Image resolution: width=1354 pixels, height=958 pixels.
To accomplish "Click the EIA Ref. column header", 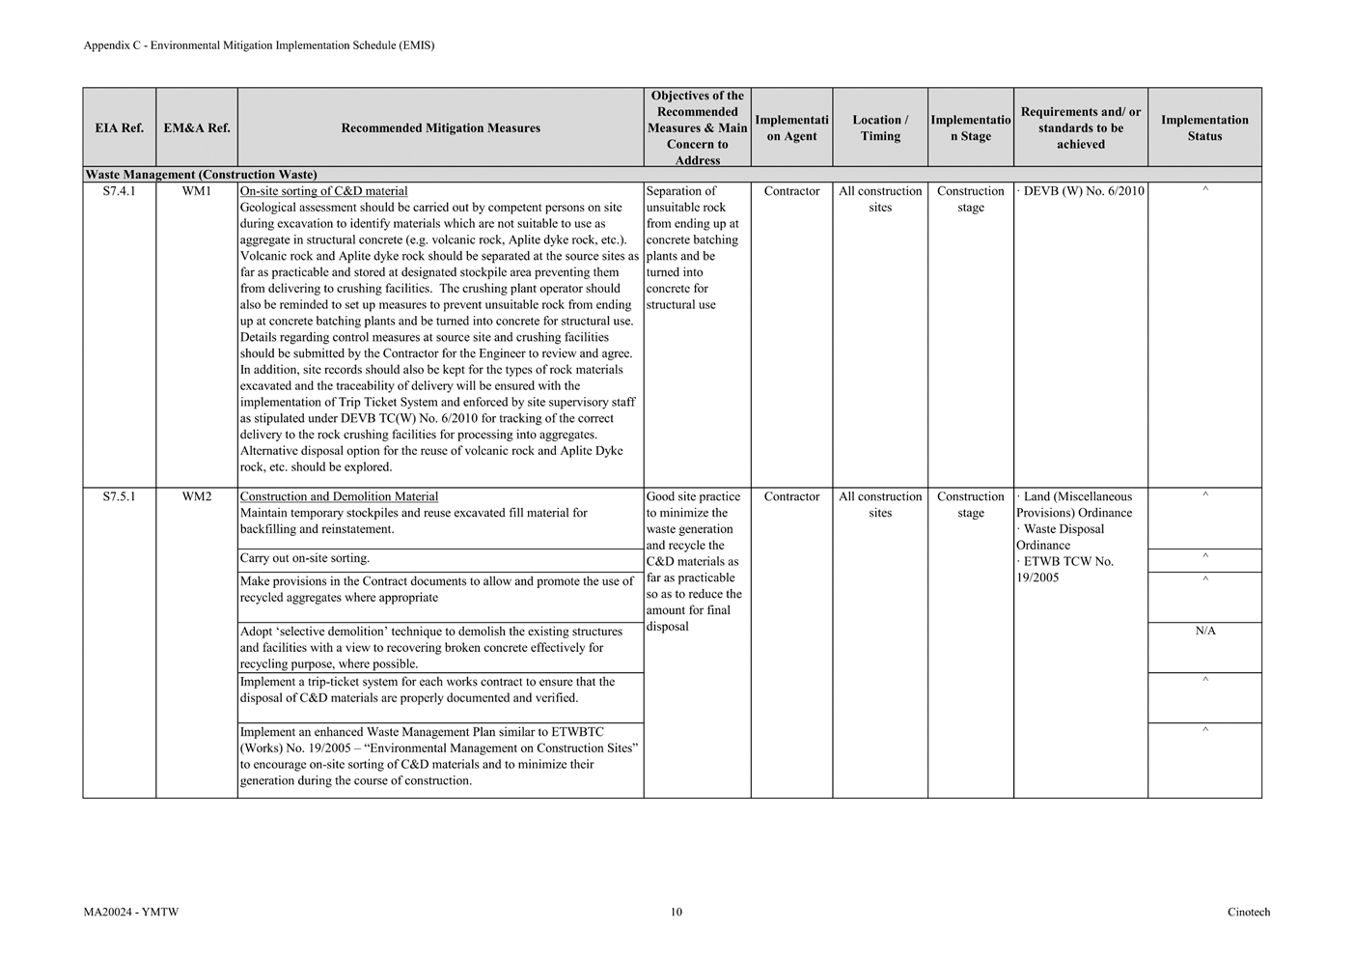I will tap(120, 127).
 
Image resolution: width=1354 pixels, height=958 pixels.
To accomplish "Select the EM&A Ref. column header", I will tap(197, 127).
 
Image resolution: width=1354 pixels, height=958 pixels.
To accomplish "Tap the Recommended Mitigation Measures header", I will tap(440, 127).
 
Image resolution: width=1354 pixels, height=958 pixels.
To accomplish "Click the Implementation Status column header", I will tap(1204, 127).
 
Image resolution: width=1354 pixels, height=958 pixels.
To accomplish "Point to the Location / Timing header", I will tap(880, 127).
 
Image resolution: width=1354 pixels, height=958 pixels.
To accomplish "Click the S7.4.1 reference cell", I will tap(120, 191).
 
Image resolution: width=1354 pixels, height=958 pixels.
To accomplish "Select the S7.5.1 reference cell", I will tap(120, 496).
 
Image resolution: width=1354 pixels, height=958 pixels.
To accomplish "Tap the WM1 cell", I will tap(197, 191).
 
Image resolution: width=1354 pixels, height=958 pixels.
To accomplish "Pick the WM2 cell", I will tap(197, 496).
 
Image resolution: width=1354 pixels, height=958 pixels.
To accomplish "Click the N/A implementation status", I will tap(1205, 631).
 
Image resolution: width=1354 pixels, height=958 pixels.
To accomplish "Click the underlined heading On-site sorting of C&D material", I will tap(323, 191).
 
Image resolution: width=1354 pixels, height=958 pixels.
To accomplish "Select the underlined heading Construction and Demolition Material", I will tap(339, 496).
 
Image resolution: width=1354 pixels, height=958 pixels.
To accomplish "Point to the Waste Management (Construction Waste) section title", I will tap(201, 175).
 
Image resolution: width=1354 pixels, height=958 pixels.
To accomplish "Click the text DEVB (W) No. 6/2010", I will tap(1083, 191).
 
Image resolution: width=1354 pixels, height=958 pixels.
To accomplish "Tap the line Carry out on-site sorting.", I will tap(304, 558).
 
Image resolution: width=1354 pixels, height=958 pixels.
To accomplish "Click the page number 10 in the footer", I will tap(677, 912).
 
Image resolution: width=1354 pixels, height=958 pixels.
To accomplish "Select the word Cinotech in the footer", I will tap(1249, 912).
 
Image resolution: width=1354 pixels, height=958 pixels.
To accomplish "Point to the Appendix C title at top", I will tap(259, 45).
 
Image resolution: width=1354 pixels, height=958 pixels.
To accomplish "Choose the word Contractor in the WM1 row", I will tap(791, 191).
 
